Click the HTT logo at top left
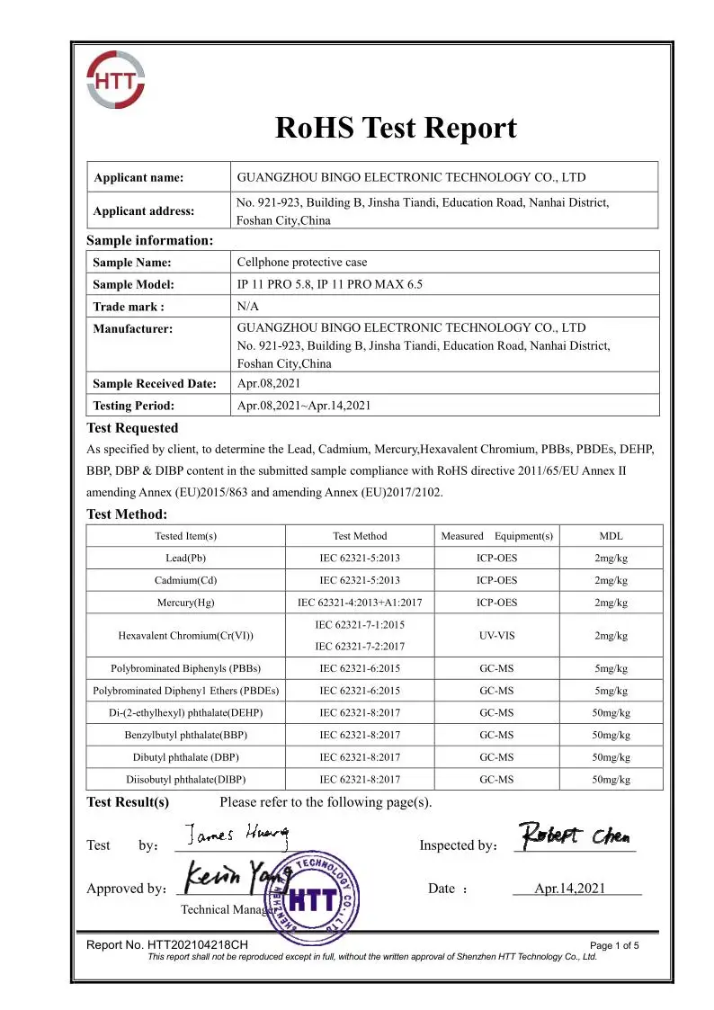[114, 80]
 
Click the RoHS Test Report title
[396, 129]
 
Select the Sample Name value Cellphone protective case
[301, 263]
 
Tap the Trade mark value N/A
[247, 306]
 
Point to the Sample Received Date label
[155, 384]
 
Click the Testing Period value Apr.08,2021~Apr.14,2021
[303, 406]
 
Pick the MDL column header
[611, 536]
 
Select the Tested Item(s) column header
[185, 536]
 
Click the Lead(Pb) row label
[185, 559]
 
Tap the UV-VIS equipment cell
[496, 635]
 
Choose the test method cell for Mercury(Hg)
[360, 603]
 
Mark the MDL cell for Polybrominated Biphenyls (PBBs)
[611, 668]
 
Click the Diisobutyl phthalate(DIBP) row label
[185, 779]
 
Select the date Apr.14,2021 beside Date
[569, 889]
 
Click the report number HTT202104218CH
[166, 945]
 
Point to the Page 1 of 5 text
[614, 946]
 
